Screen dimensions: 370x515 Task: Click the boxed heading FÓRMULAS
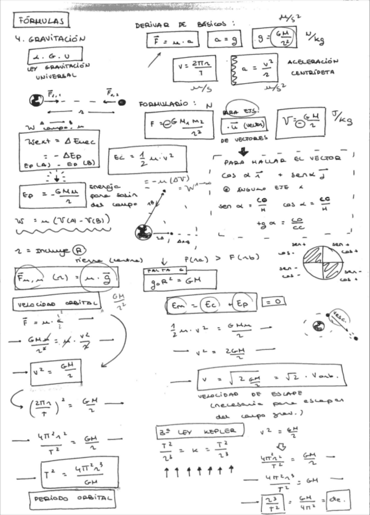click(x=40, y=21)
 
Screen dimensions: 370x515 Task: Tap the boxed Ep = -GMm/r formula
click(x=52, y=195)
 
